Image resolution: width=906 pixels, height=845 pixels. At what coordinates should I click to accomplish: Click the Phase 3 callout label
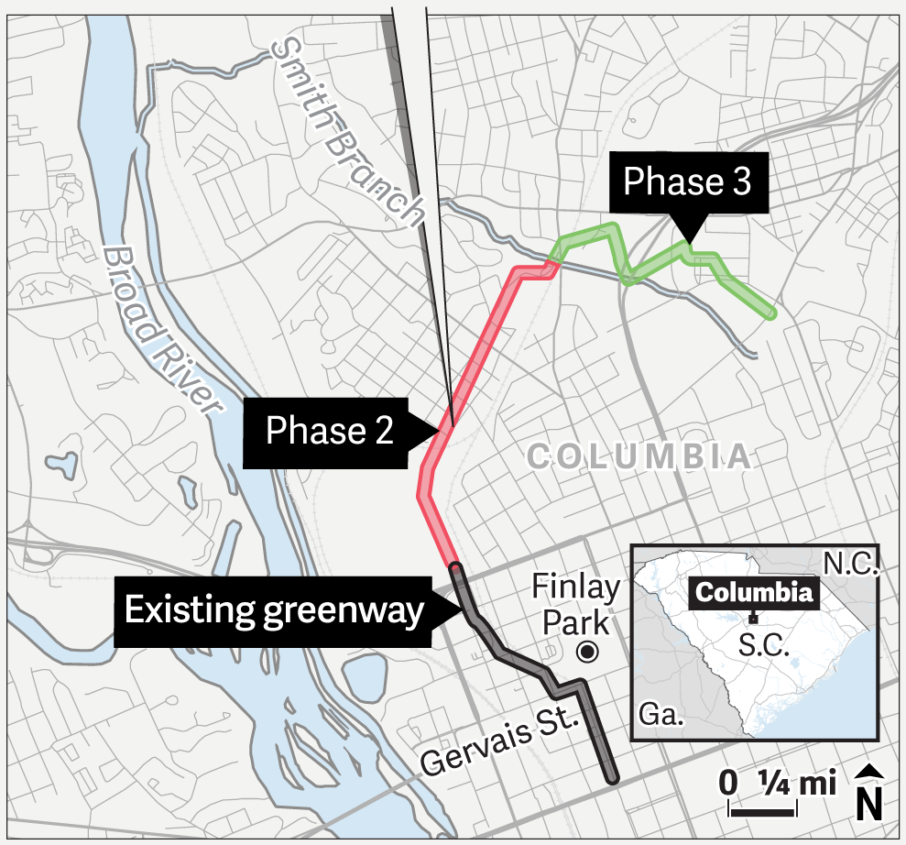point(686,182)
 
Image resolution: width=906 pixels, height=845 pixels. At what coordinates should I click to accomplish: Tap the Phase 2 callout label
point(329,430)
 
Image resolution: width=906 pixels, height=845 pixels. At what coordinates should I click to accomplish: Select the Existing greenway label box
point(274,610)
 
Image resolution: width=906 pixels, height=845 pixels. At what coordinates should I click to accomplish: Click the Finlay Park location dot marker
point(585,653)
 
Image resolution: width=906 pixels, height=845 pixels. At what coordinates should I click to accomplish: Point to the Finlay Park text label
point(576,605)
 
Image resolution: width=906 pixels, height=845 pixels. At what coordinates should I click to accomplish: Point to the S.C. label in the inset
point(763,644)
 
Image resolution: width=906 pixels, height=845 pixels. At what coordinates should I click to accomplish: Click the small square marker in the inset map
point(753,617)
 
